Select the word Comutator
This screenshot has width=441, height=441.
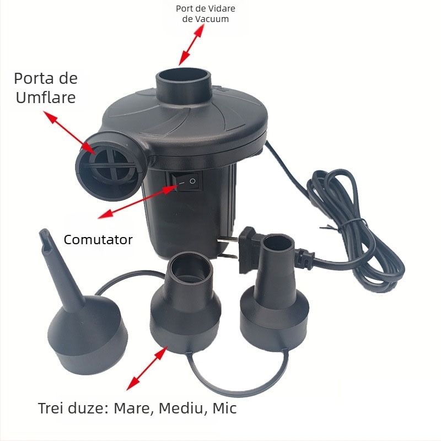click(98, 240)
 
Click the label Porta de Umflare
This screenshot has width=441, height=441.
click(46, 87)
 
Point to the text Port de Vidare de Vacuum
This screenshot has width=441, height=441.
click(202, 14)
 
